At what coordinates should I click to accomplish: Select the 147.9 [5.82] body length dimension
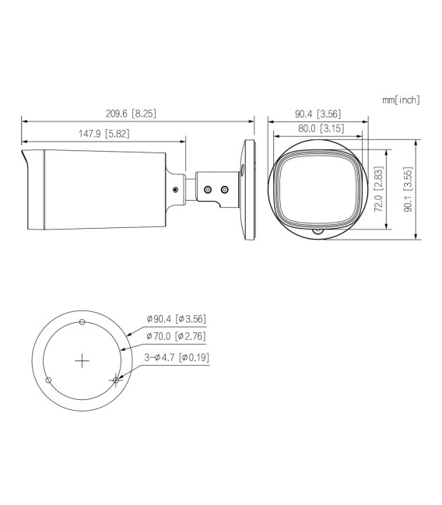coord(103,134)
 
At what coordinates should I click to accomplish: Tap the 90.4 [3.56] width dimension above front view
coord(317,114)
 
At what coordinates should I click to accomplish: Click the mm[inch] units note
coord(401,100)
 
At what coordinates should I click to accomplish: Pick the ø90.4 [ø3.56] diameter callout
coord(176,319)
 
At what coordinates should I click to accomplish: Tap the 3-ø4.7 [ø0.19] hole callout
coord(176,357)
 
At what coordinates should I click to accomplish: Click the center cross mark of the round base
coord(82,360)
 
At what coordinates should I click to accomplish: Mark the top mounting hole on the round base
coord(82,321)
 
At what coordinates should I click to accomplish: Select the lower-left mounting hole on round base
coord(49,380)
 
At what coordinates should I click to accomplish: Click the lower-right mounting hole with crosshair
coord(116,380)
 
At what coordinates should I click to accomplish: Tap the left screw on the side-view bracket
coord(207,189)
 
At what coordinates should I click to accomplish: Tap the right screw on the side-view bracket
coord(225,189)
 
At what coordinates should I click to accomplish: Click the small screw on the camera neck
coord(174,189)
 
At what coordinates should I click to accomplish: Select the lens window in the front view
coord(317,187)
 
